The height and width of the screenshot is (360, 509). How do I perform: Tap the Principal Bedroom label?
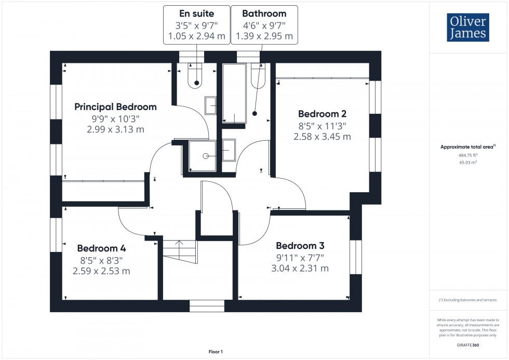tap(115, 107)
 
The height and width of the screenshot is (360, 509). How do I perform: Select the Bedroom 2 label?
tap(322, 114)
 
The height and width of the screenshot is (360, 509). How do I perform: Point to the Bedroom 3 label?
tap(303, 246)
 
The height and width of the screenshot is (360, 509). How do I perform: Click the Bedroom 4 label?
tap(101, 248)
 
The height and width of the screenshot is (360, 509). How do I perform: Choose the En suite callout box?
tap(196, 25)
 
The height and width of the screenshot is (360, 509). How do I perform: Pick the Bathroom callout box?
tap(264, 25)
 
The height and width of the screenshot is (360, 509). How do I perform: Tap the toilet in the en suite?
tap(196, 78)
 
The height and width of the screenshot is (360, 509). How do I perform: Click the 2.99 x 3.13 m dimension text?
tap(115, 129)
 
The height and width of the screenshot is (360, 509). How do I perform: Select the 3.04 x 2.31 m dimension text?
tap(300, 269)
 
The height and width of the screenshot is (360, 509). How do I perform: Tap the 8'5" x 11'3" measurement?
tap(322, 126)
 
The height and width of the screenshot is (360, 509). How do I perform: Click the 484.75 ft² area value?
tap(468, 155)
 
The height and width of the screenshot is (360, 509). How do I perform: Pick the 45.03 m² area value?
tap(468, 162)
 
